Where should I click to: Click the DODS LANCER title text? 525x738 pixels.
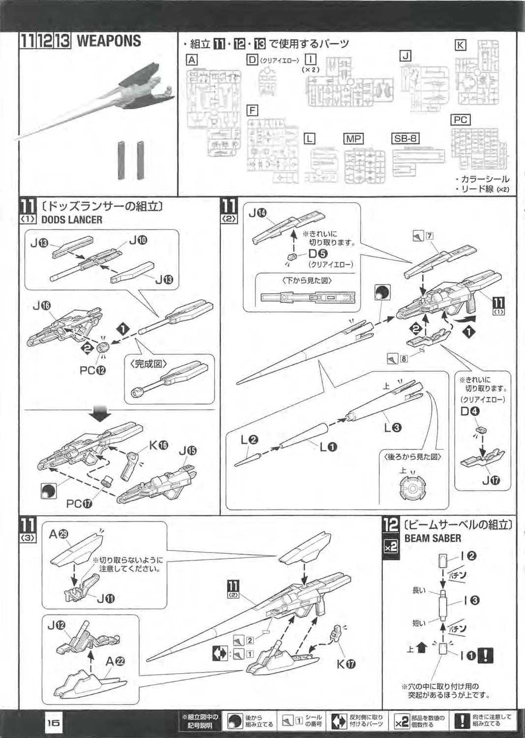click(x=71, y=220)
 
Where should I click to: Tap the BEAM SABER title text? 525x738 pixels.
click(x=432, y=538)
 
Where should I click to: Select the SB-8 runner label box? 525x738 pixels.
click(x=405, y=138)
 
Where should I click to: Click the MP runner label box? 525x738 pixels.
click(x=353, y=138)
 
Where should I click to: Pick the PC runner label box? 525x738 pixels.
click(x=461, y=120)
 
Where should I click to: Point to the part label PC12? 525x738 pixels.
click(x=93, y=370)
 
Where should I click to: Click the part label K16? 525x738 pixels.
click(x=158, y=445)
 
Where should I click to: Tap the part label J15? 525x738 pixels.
click(x=187, y=450)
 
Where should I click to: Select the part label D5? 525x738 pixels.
click(x=317, y=254)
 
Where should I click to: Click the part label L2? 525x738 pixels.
click(x=249, y=440)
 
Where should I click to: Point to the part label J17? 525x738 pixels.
click(x=491, y=480)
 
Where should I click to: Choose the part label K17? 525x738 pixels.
click(x=346, y=664)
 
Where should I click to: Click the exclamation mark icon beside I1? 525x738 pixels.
click(x=486, y=655)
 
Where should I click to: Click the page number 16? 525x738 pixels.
click(x=53, y=723)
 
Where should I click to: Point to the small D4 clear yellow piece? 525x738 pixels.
click(x=480, y=430)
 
